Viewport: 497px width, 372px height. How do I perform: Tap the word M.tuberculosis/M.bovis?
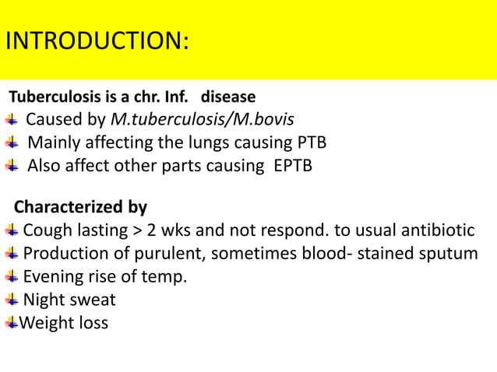point(203,120)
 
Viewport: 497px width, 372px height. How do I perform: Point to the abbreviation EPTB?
point(292,166)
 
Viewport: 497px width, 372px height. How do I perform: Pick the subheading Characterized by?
point(81,208)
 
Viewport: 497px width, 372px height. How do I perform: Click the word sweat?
point(93,300)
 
